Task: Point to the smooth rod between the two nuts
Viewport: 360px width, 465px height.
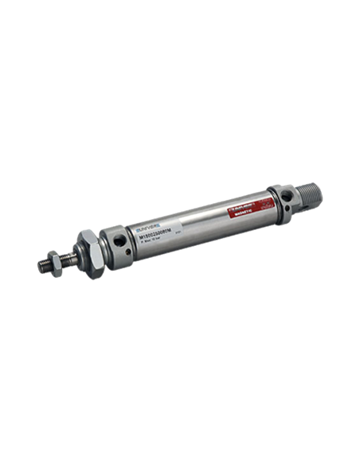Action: (68, 252)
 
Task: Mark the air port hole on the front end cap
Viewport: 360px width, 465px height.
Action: (118, 238)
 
